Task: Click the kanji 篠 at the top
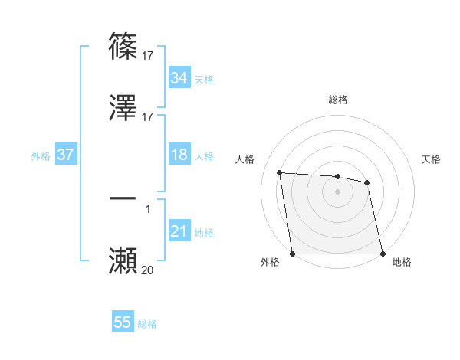[x=123, y=46]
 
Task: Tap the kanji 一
[x=123, y=198]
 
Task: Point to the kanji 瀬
[x=123, y=260]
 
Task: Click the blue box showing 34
[x=179, y=78]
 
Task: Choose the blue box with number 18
[x=179, y=155]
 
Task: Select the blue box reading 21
[x=179, y=231]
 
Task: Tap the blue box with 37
[x=65, y=155]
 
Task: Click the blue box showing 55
[x=122, y=322]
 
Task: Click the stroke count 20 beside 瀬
[x=147, y=270]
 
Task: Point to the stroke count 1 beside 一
[x=147, y=208]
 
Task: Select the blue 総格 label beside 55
[x=147, y=324]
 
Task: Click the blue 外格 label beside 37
[x=41, y=155]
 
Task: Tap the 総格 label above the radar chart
[x=338, y=100]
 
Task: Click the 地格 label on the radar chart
[x=402, y=263]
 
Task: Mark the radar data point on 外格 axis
[x=293, y=254]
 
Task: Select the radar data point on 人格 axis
[x=280, y=172]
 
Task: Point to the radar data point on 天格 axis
[x=367, y=182]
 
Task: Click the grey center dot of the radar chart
[x=338, y=191]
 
